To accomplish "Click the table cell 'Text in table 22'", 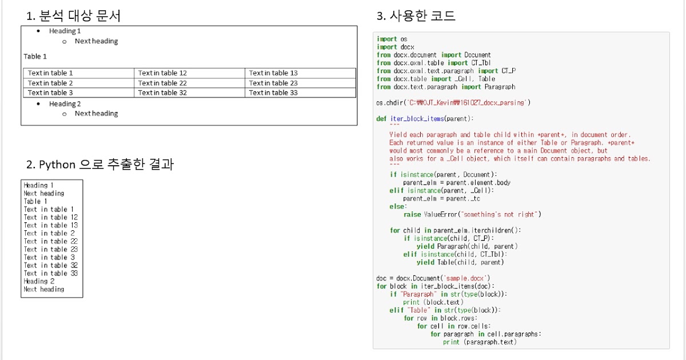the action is (x=189, y=83).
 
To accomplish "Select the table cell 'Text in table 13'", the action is (x=300, y=73).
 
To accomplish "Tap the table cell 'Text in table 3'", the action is (x=78, y=93).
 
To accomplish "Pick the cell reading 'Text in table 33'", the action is (x=300, y=93).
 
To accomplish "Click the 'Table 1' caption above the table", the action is (x=35, y=57).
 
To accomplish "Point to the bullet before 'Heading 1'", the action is (x=38, y=31).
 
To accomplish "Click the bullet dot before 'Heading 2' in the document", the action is (x=38, y=104).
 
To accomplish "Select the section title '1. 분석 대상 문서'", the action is (x=74, y=16).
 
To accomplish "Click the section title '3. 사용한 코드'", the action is (x=416, y=16).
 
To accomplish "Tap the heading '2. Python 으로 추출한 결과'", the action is (x=100, y=165).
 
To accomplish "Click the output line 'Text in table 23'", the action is (x=51, y=250).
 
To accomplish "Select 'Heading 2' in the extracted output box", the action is (x=39, y=281).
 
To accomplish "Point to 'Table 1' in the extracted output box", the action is (x=35, y=201).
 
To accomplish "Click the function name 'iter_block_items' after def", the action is (x=417, y=119).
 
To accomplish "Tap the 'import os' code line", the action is (x=392, y=39).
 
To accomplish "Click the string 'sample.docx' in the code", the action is (x=465, y=278).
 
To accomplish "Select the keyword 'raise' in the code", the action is (x=412, y=215).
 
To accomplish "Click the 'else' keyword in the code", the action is (x=397, y=207).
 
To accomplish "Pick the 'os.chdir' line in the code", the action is (x=453, y=103).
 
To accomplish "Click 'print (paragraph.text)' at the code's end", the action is (x=480, y=342).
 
